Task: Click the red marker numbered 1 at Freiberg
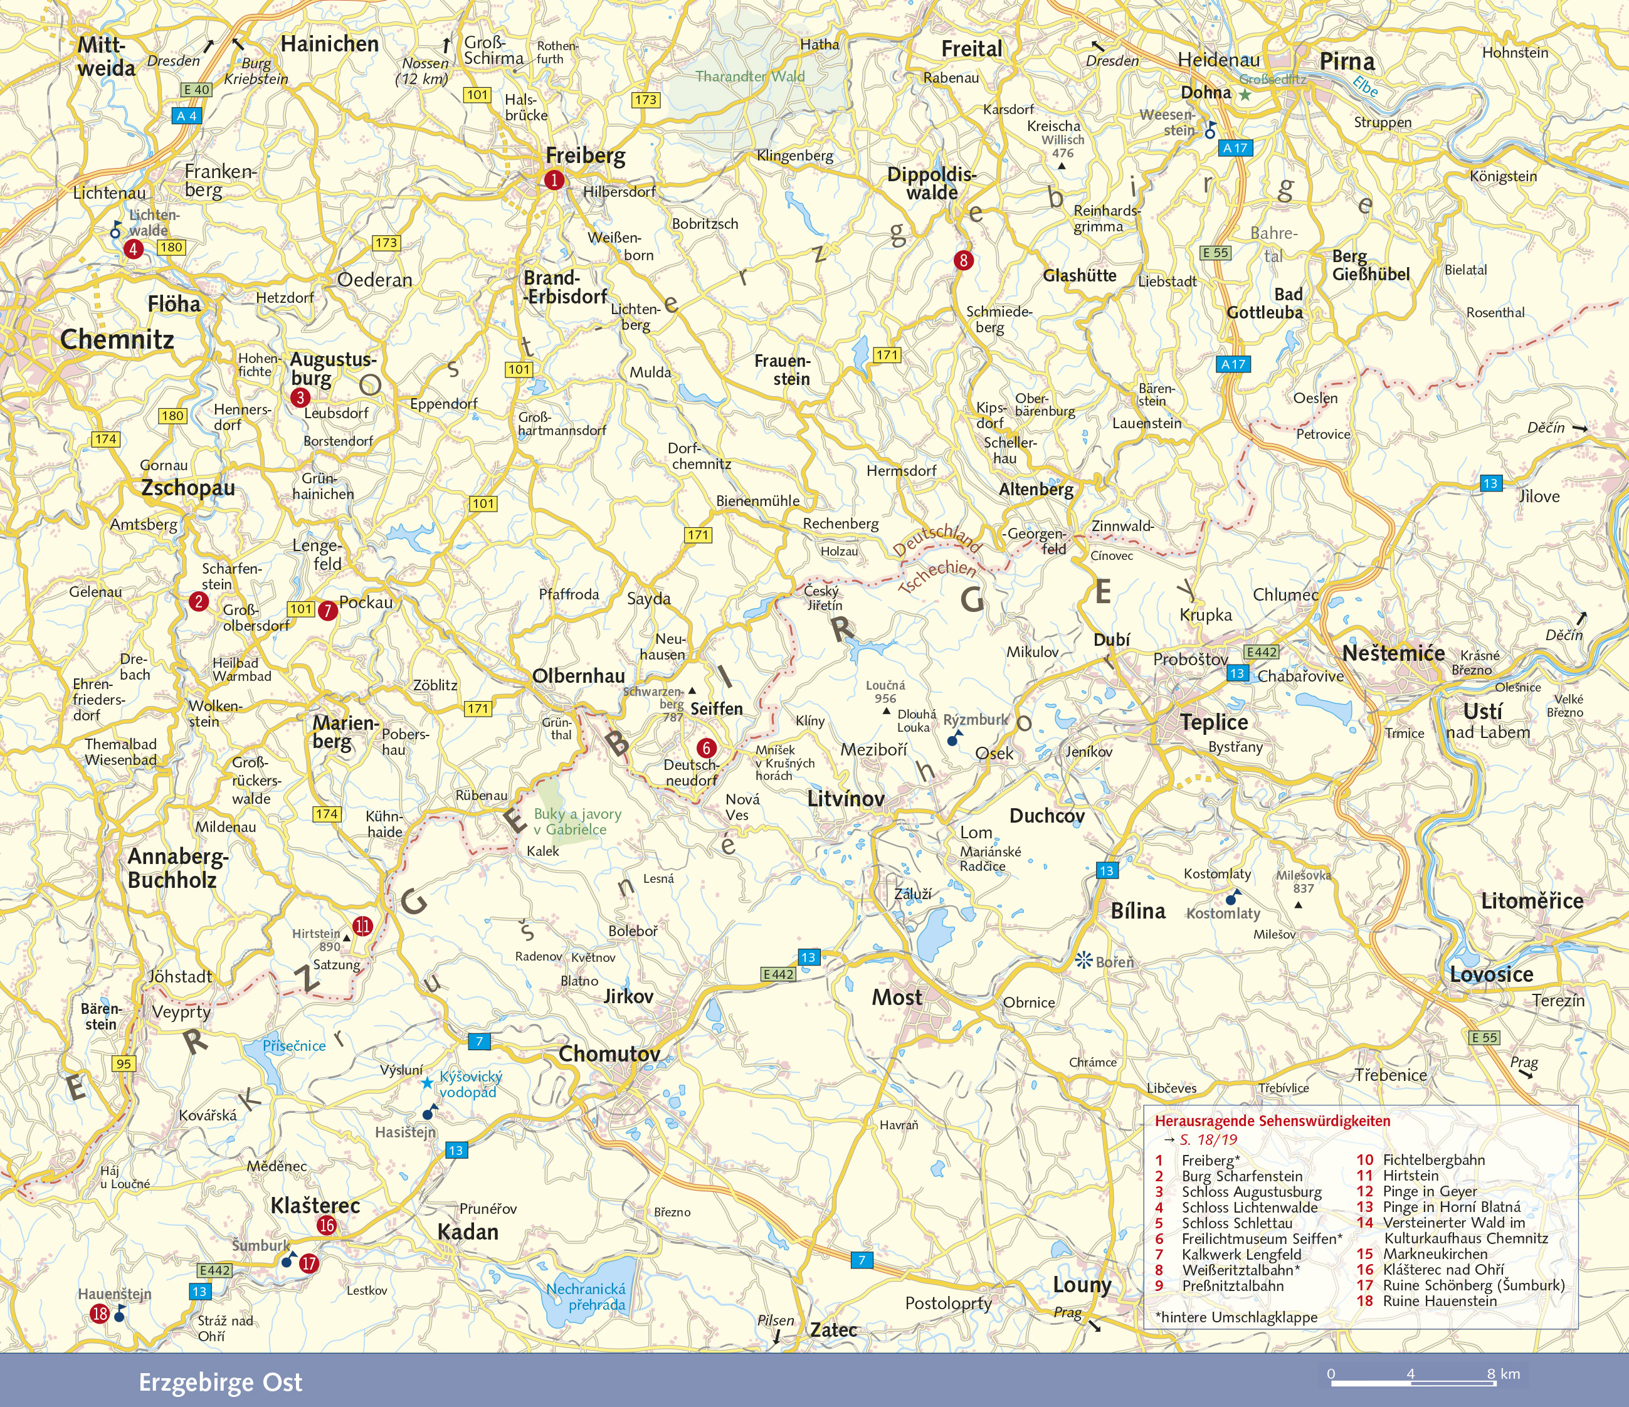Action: (554, 180)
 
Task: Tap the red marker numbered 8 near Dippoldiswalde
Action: (963, 260)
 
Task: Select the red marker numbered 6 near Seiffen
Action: (706, 748)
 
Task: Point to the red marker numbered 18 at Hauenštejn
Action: (100, 1314)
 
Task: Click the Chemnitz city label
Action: (117, 340)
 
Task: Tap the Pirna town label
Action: (1347, 61)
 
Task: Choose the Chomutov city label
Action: (609, 1053)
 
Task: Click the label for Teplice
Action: (1214, 722)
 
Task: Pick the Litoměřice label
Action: (1532, 901)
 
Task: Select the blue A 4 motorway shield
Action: (186, 115)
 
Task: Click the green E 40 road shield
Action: (196, 90)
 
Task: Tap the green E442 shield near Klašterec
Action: (214, 1270)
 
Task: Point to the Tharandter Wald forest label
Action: (750, 76)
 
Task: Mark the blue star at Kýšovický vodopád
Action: (426, 1083)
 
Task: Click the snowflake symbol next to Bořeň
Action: (1084, 960)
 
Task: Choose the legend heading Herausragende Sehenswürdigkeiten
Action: (1272, 1121)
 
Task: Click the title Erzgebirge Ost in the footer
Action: (220, 1382)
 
